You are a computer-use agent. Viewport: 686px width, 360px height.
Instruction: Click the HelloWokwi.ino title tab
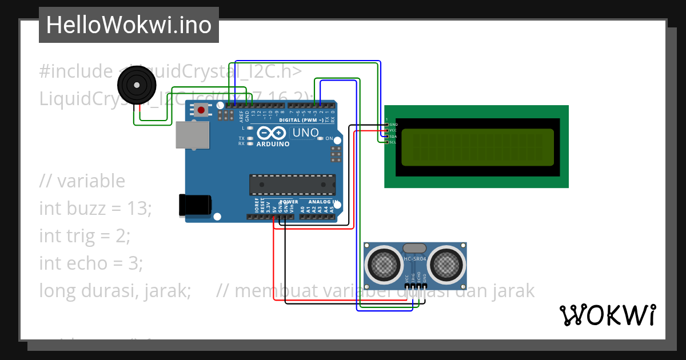(x=129, y=25)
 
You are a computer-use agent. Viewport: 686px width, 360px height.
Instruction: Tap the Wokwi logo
(x=607, y=315)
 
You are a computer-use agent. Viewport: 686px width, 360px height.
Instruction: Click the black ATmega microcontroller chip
(x=292, y=185)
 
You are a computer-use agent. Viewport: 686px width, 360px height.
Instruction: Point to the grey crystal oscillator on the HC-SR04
(x=414, y=248)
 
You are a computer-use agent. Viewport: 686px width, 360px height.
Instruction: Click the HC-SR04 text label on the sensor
(x=415, y=259)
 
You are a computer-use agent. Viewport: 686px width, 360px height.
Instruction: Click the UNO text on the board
(x=305, y=133)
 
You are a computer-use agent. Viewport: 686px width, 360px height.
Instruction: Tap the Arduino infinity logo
(x=271, y=133)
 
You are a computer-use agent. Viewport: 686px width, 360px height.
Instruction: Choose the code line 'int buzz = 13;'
(x=95, y=209)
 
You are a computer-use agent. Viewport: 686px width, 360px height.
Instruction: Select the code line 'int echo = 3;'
(x=91, y=263)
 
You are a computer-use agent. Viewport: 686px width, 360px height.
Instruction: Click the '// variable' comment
(x=82, y=181)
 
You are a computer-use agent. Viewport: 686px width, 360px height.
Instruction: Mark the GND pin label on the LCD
(x=393, y=124)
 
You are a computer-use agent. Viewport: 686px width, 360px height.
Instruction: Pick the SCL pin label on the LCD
(x=393, y=142)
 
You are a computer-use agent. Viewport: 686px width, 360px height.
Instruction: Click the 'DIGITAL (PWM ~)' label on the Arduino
(x=305, y=121)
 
